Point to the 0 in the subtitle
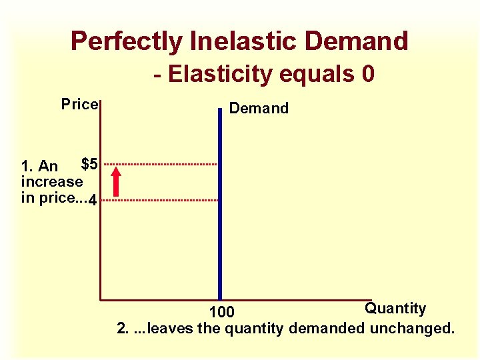367,73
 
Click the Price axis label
80,105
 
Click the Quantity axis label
395,308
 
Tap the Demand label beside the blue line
259,109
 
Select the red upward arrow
117,181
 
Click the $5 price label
90,163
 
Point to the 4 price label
93,200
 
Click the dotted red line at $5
160,163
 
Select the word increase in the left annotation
52,181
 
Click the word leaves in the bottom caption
166,329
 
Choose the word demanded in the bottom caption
332,329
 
